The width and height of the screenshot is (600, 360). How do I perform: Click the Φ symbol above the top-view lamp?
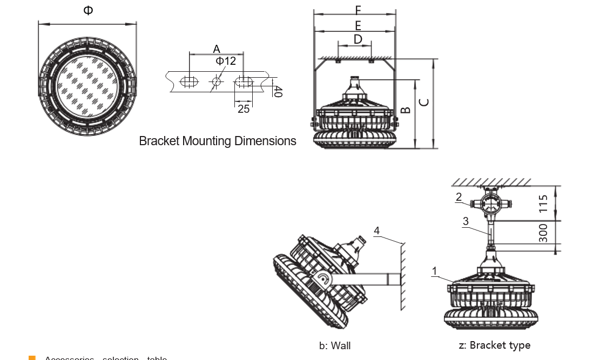point(88,10)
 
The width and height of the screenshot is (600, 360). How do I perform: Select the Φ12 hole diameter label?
point(226,61)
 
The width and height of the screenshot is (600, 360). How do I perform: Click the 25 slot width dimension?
point(244,108)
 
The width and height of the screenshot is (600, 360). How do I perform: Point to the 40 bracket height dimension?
point(278,92)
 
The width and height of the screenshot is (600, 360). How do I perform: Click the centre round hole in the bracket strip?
point(217,81)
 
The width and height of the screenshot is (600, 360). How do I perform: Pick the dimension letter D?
point(358,39)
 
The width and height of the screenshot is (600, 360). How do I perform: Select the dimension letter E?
point(358,25)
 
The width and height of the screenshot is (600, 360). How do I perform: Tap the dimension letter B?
point(407,111)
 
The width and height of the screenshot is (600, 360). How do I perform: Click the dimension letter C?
point(424,102)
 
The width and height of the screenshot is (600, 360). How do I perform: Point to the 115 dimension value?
point(543,203)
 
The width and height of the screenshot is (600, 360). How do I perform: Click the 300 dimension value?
point(543,233)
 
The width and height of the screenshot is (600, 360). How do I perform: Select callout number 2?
point(459,197)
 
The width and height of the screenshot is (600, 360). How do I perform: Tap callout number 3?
point(466,221)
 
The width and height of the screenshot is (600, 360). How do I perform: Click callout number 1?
point(435,270)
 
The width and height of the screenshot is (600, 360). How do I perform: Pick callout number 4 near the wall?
point(377,231)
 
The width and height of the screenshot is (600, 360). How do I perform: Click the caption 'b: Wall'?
point(335,346)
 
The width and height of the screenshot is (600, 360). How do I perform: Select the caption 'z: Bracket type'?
point(494,345)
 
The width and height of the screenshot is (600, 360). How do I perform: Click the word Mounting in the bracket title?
point(207,141)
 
